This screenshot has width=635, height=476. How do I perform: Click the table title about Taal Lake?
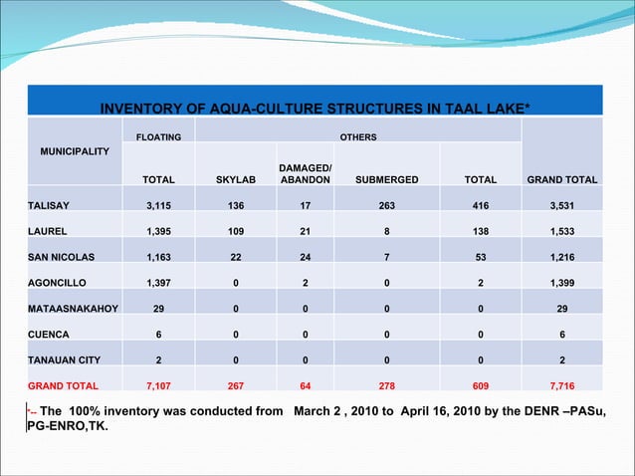coord(315,108)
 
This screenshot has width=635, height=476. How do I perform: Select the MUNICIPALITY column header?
coord(75,154)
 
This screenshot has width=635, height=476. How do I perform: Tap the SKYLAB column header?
coord(236,180)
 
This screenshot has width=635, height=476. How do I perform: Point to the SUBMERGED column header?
coord(379,180)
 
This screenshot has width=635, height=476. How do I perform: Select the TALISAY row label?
coord(49,205)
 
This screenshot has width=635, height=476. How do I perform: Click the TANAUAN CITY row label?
coord(64,360)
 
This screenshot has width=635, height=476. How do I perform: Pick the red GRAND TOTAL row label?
coord(63,385)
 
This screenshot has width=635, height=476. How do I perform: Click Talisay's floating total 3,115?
coord(159,205)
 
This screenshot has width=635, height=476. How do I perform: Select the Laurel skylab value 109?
coord(236,231)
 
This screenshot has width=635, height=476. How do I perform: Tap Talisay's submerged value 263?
coord(379,205)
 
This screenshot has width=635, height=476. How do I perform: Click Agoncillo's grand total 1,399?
coord(562,283)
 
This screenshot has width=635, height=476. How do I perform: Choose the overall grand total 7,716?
coord(562,385)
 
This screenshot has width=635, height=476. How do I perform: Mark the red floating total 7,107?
coord(159,385)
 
